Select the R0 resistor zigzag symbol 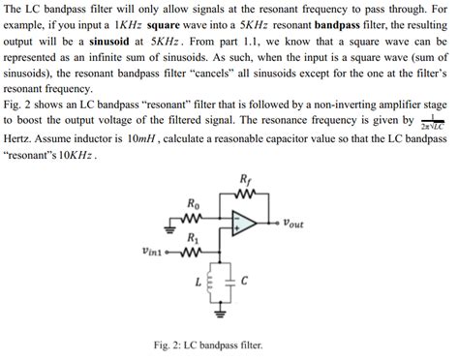point(196,218)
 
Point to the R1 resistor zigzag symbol point(193,255)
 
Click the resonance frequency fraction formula point(429,124)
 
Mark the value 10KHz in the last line point(75,155)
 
